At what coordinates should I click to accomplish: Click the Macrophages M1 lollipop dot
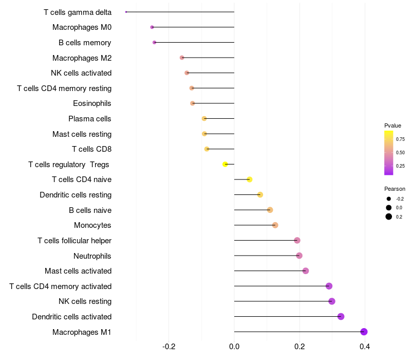point(364,332)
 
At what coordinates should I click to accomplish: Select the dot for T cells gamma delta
point(126,12)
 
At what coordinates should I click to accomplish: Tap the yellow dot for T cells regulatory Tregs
point(225,164)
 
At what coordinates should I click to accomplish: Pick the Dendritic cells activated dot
point(341,316)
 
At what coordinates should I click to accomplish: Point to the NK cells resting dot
point(332,301)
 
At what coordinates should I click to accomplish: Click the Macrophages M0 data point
point(152,27)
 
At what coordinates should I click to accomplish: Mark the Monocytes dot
point(275,225)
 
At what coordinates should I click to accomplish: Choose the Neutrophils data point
point(299,256)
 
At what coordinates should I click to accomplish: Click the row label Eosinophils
point(92,103)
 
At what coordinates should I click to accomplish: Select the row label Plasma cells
point(90,119)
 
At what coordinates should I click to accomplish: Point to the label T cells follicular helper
point(74,241)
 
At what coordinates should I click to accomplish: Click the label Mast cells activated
point(78,271)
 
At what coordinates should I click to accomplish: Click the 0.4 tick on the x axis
point(365,347)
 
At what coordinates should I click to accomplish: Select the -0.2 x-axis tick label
point(169,347)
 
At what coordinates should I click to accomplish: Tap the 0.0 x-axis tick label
point(234,347)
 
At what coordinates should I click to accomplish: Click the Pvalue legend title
point(393,125)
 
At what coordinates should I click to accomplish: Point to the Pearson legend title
point(395,189)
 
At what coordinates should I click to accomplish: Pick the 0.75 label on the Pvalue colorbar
point(400,139)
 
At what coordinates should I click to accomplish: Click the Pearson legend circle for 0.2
point(389,217)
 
